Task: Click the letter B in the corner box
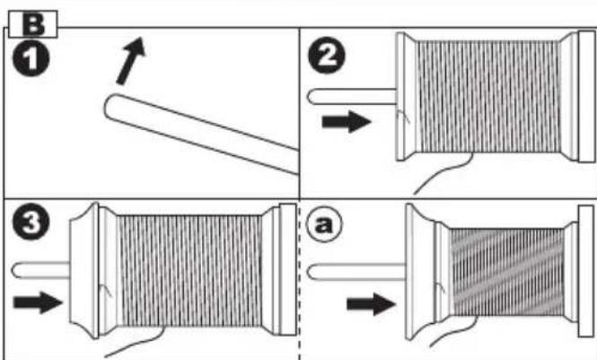33,24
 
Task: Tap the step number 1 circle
31,57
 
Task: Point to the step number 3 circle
31,223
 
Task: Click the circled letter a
324,224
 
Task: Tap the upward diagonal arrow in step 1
131,60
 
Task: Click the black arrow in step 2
347,122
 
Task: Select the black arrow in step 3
38,303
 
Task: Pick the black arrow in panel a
372,304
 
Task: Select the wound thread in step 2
488,96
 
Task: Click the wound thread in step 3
189,270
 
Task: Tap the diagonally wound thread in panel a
507,272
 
